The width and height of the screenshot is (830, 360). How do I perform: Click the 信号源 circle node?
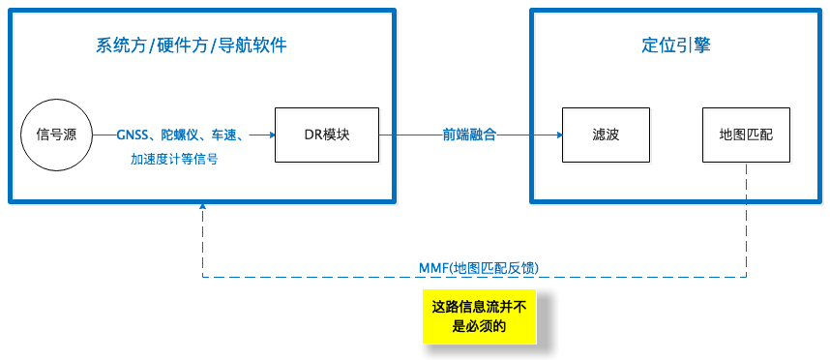point(56,135)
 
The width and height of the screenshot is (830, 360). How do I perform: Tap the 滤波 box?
point(606,135)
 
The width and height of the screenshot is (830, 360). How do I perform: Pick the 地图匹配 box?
point(746,135)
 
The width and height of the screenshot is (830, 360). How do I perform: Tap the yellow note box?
point(478,315)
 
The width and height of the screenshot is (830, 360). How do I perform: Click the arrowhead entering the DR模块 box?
point(270,135)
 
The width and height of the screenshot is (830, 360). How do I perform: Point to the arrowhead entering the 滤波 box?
point(557,135)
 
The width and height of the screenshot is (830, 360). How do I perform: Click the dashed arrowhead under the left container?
point(202,208)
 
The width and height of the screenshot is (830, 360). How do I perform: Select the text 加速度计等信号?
point(174,159)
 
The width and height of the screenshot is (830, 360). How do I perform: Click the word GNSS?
point(134,135)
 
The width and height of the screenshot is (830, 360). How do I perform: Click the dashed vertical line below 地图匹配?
point(746,223)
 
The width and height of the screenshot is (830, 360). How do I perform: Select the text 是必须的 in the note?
point(479,326)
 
